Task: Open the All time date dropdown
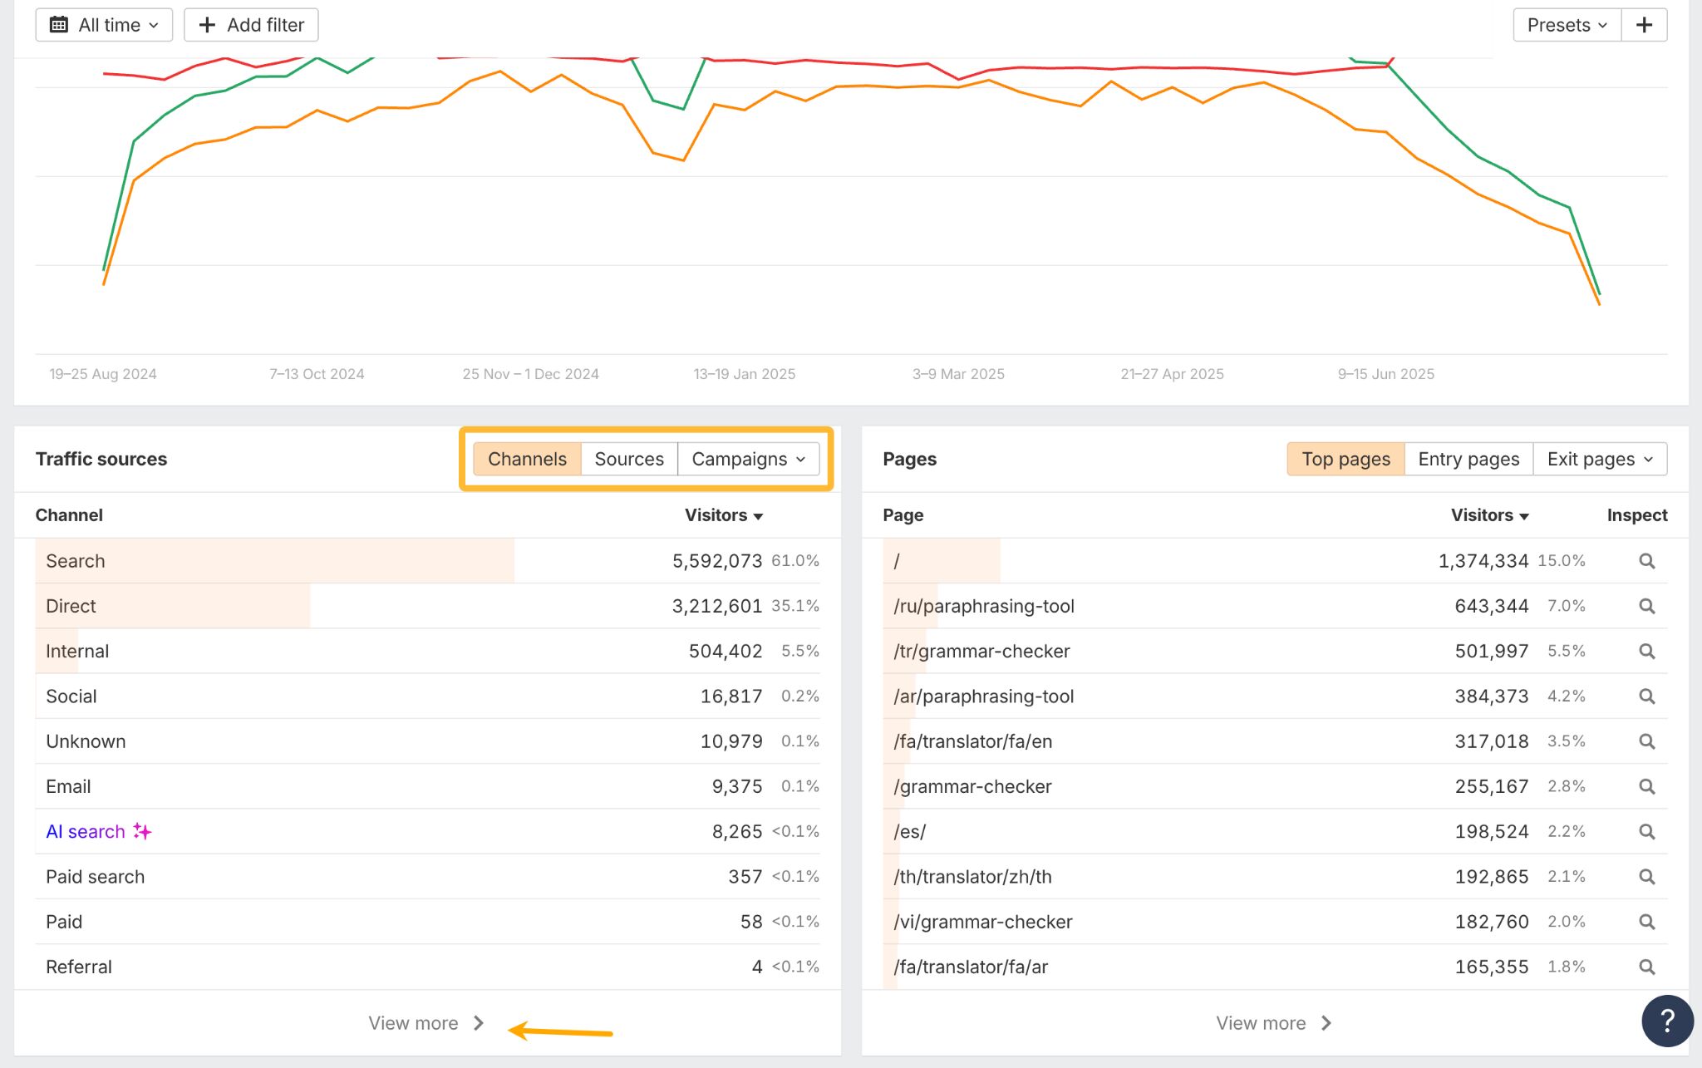104,25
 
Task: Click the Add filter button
251,25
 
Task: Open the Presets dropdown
1567,25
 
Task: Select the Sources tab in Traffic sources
629,459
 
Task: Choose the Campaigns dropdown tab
748,459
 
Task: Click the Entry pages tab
1468,459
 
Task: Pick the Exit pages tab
1599,459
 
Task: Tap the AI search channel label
86,831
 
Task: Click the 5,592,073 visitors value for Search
716,561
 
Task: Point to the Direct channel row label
71,606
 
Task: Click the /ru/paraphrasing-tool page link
984,606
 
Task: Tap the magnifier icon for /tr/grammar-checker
1646,652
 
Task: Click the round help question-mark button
1667,1020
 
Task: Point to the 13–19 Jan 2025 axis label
744,374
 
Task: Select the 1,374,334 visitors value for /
1483,561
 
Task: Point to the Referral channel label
79,967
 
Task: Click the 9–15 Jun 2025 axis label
1385,374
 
